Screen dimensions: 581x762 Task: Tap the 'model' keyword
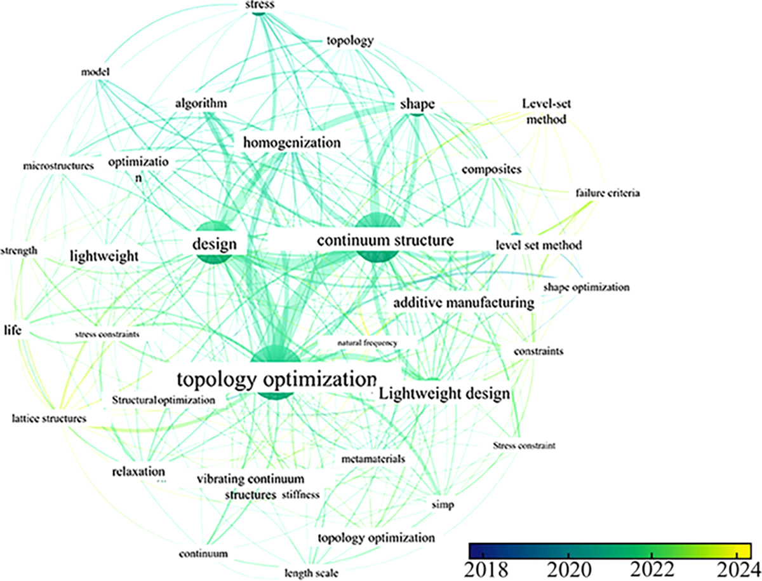pyautogui.click(x=96, y=72)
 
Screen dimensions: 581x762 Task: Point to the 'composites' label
pyautogui.click(x=491, y=170)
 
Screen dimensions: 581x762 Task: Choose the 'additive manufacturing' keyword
pyautogui.click(x=463, y=303)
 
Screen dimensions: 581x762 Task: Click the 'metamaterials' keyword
pyautogui.click(x=373, y=458)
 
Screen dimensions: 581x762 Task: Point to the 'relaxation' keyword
pyautogui.click(x=138, y=472)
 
